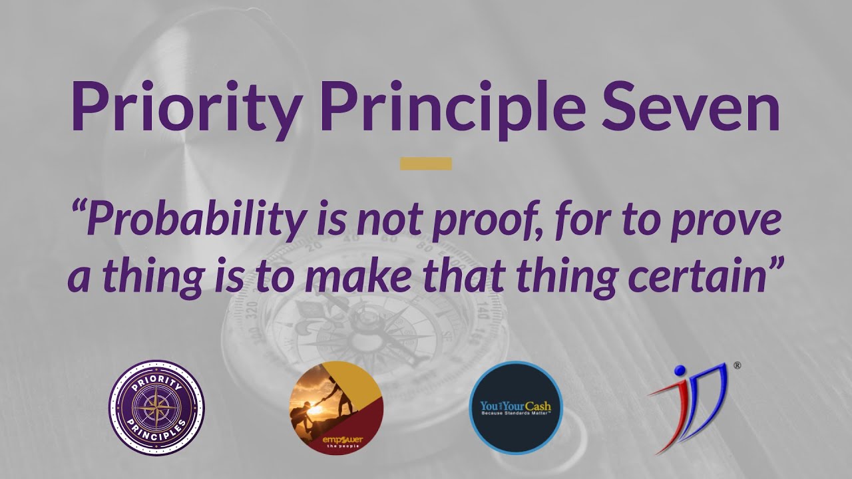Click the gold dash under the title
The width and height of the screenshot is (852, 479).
(426, 164)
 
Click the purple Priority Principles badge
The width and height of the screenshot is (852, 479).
(156, 407)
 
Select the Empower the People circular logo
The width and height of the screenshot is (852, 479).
(336, 407)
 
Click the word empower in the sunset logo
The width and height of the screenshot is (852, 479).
(337, 440)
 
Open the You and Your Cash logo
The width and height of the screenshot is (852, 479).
(516, 407)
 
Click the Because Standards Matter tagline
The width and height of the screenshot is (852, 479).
(516, 414)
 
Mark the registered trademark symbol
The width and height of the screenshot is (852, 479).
(737, 365)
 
